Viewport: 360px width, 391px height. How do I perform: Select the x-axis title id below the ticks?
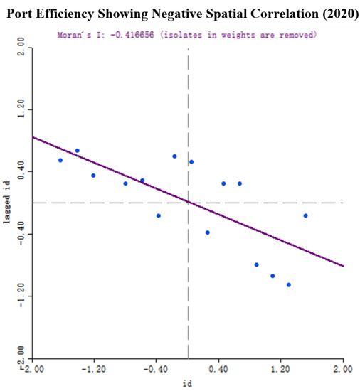click(x=188, y=382)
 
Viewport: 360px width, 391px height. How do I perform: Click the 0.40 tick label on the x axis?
click(x=219, y=370)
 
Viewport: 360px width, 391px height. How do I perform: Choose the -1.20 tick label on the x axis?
click(x=95, y=370)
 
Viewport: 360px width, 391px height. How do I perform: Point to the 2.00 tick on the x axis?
click(x=342, y=370)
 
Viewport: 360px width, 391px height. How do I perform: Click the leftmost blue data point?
click(x=60, y=160)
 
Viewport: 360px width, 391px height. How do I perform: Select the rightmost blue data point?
click(x=305, y=215)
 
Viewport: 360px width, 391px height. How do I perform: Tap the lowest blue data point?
click(x=289, y=284)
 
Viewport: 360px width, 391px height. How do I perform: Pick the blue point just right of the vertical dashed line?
click(x=191, y=162)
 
